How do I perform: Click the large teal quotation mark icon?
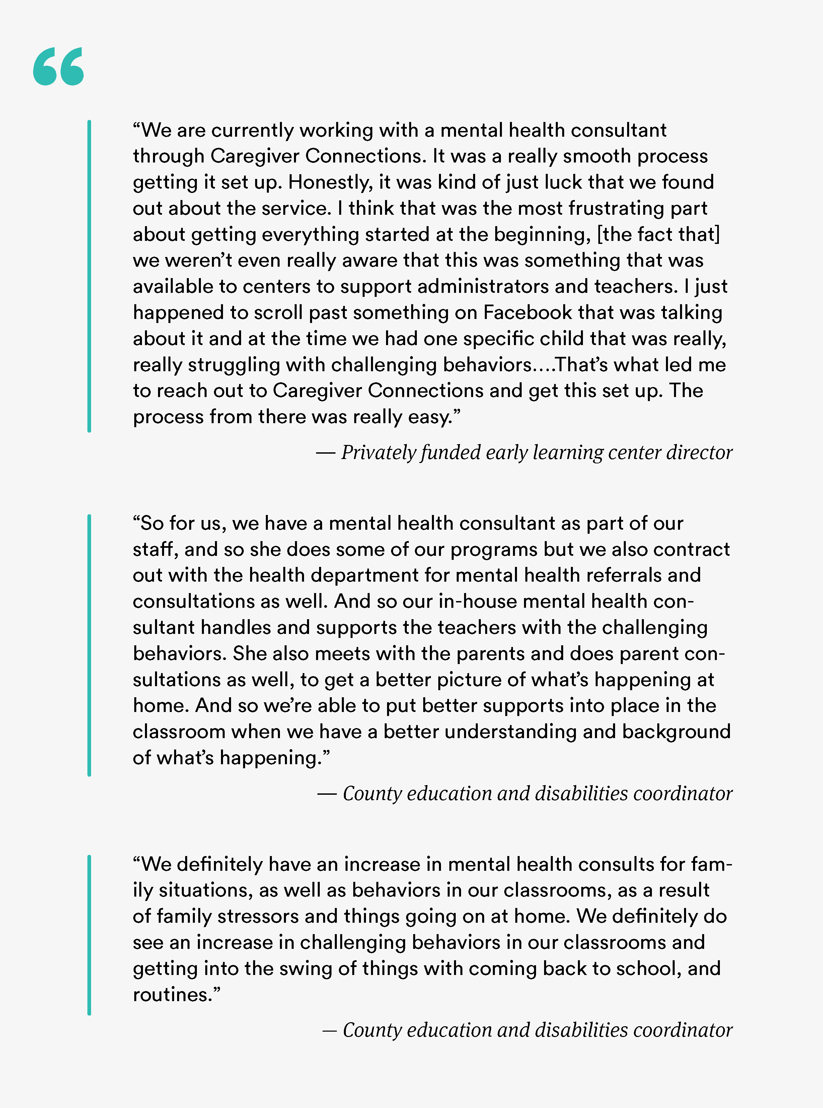coord(58,66)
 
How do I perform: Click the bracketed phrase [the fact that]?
coord(658,234)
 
